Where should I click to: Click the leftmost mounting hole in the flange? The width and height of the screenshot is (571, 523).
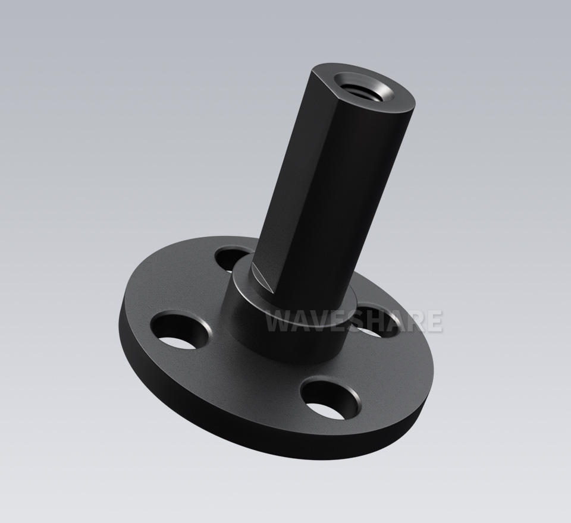click(181, 329)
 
